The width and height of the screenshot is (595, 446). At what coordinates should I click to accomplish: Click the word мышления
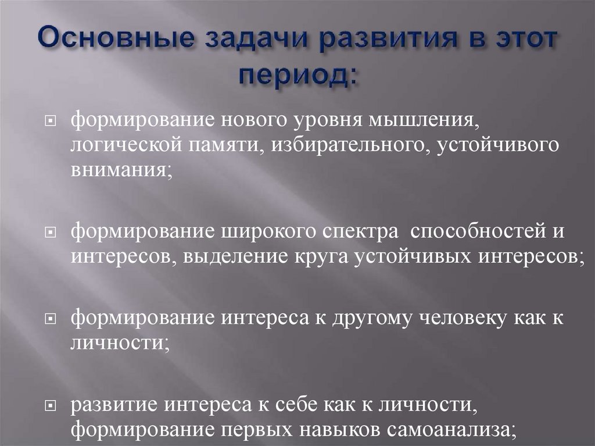point(428,122)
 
